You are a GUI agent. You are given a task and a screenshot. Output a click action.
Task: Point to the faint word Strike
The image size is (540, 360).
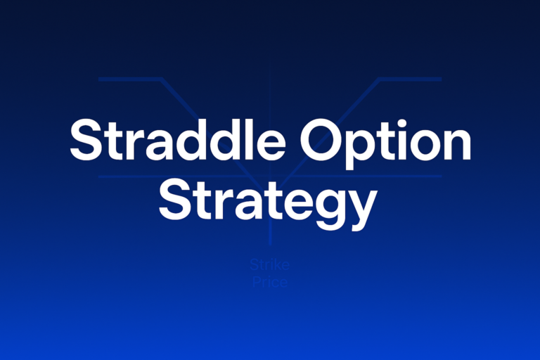pos(269,266)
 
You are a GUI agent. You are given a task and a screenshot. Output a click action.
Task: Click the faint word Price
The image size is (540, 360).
pos(269,282)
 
